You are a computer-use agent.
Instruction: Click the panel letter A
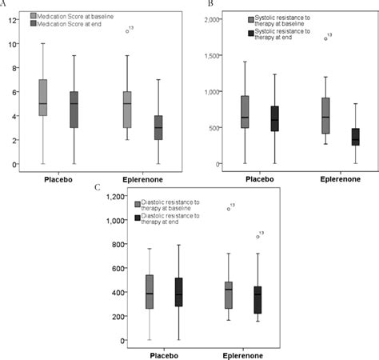click(x=5, y=3)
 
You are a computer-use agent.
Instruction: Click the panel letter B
click(x=210, y=3)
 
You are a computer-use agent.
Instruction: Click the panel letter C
click(x=98, y=187)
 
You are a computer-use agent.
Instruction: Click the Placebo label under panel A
click(x=58, y=179)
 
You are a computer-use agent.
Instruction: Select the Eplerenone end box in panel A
click(x=159, y=128)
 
